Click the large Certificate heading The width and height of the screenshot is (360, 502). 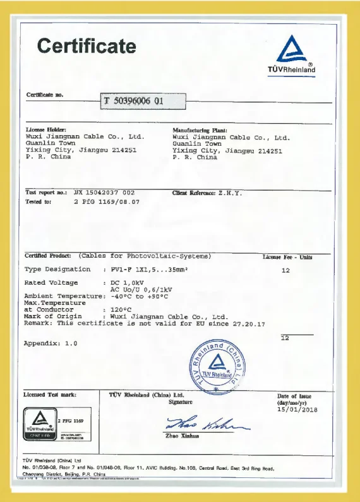coord(87,46)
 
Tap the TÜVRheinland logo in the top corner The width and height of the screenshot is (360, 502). coord(291,55)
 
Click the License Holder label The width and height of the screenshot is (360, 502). coord(45,129)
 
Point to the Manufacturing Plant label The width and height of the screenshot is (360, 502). coord(195,129)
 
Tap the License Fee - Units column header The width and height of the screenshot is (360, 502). coord(287,257)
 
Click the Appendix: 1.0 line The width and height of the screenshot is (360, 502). coord(51,344)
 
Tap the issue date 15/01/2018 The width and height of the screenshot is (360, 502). coord(297,410)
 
